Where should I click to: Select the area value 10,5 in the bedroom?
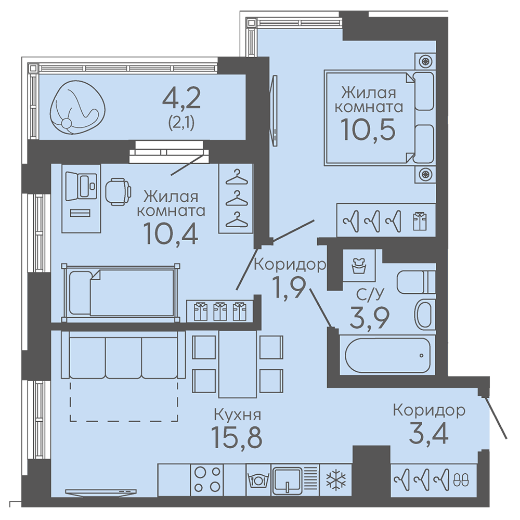pyautogui.click(x=368, y=129)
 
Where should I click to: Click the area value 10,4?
pyautogui.click(x=171, y=233)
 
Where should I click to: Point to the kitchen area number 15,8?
pyautogui.click(x=237, y=437)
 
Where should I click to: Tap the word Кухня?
pyautogui.click(x=238, y=414)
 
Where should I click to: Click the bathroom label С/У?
pyautogui.click(x=370, y=294)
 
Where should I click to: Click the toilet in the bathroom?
pyautogui.click(x=416, y=282)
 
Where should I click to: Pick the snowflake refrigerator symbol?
pyautogui.click(x=336, y=480)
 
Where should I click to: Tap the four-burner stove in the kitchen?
pyautogui.click(x=207, y=479)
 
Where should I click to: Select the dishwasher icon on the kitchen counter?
pyautogui.click(x=258, y=480)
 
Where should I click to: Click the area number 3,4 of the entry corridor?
pyautogui.click(x=428, y=433)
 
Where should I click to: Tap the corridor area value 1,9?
pyautogui.click(x=288, y=288)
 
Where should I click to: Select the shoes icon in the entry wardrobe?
pyautogui.click(x=461, y=479)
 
